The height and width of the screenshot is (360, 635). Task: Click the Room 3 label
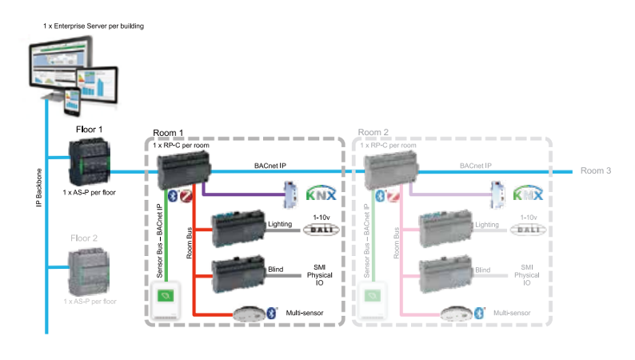[596, 171]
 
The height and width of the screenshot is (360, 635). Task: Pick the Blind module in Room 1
[238, 272]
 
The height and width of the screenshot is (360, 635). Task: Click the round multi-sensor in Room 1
[248, 312]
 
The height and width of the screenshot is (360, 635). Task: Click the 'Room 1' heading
[168, 133]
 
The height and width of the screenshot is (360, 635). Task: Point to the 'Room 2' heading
[373, 133]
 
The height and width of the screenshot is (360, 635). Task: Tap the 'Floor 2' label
[85, 238]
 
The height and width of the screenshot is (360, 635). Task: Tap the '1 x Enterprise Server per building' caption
[94, 26]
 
